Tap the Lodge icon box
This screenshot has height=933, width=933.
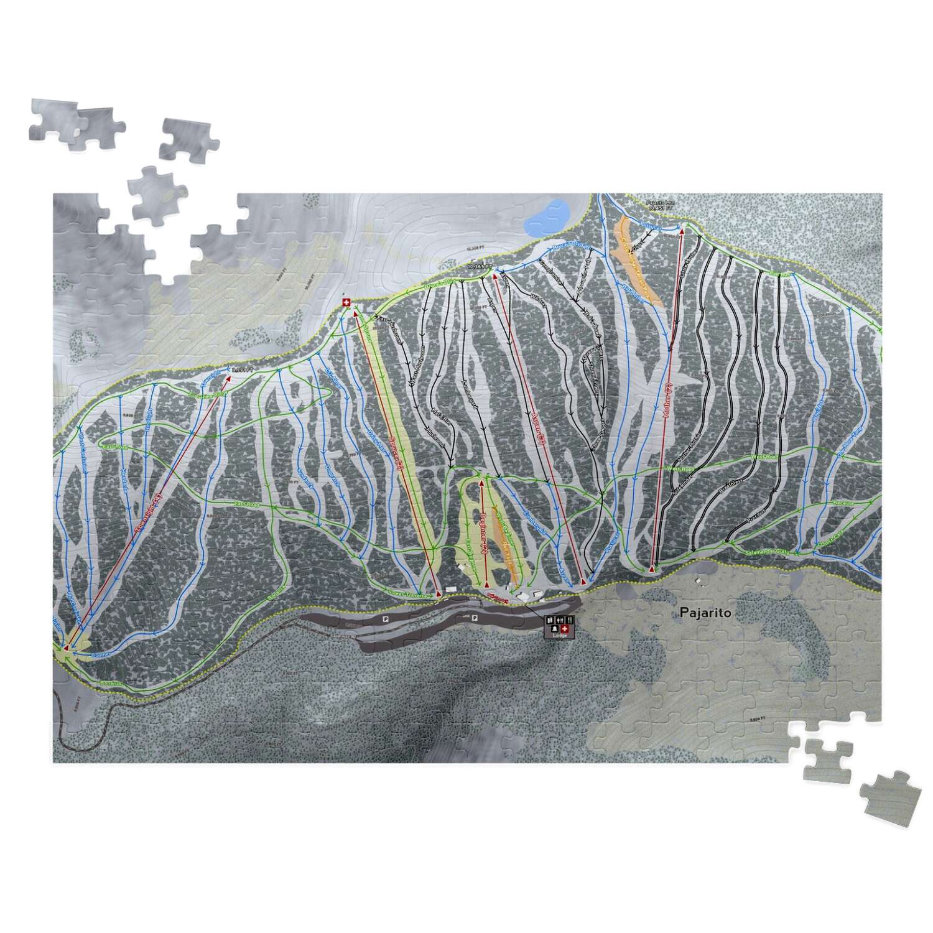point(559,626)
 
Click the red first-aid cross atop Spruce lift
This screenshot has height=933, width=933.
point(347,302)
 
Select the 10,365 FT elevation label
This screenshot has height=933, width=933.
point(480,267)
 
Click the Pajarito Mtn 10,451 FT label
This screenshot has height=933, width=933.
point(660,205)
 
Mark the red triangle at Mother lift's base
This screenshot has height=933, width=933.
point(652,569)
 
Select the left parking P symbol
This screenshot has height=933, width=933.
point(386,620)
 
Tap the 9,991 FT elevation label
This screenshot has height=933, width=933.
point(241,370)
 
